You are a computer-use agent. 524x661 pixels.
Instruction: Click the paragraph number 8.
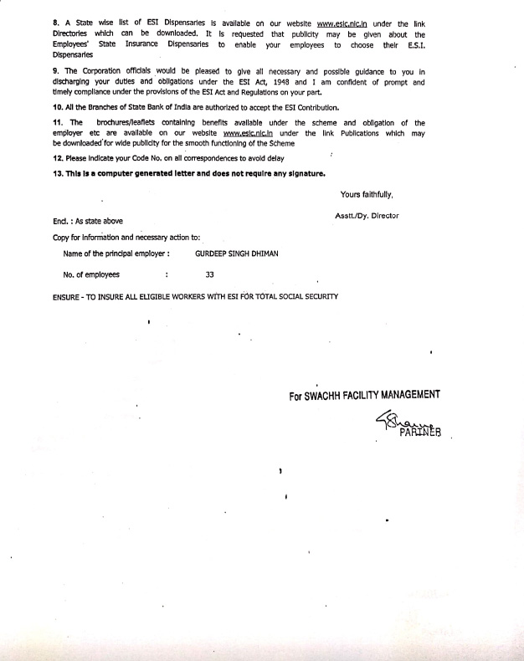(54, 23)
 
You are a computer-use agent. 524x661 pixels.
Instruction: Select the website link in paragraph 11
(250, 133)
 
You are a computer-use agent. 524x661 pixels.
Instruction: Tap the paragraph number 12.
(56, 157)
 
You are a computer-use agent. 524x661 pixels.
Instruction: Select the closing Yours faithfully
(367, 195)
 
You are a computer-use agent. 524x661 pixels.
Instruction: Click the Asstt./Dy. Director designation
(366, 216)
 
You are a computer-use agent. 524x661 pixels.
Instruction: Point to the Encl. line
(87, 221)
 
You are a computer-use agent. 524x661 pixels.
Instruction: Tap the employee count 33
(209, 274)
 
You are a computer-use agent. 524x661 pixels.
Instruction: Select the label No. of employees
(91, 274)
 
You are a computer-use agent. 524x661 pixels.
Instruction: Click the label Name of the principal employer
(116, 253)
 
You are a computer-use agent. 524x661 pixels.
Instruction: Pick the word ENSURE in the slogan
(69, 297)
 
